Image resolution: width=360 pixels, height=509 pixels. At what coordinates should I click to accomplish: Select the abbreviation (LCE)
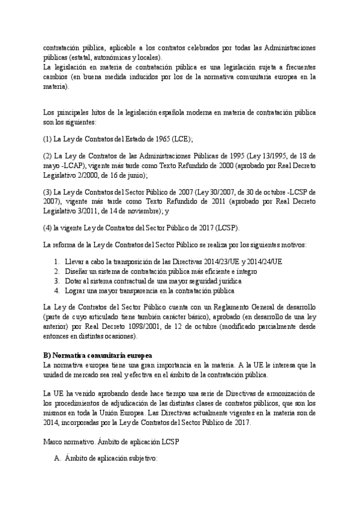pos(181,139)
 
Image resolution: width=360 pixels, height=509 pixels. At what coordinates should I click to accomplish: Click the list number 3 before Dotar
pos(56,281)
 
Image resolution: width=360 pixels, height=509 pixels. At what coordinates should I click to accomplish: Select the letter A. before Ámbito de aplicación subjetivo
pos(58,459)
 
